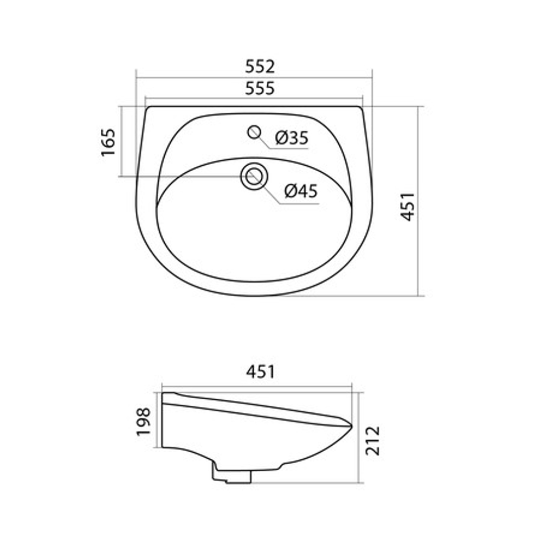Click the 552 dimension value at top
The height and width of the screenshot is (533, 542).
click(x=260, y=66)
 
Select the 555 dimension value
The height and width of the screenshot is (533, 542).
click(x=260, y=88)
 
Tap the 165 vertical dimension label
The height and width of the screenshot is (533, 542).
click(x=108, y=142)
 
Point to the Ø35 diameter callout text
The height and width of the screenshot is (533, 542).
click(x=292, y=138)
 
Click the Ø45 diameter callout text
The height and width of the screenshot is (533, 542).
click(x=301, y=191)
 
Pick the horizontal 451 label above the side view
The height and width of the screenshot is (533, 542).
click(x=260, y=372)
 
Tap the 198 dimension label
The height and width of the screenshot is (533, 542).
click(x=144, y=422)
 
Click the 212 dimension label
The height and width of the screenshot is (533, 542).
click(x=373, y=440)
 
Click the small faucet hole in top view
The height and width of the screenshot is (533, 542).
click(x=254, y=132)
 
